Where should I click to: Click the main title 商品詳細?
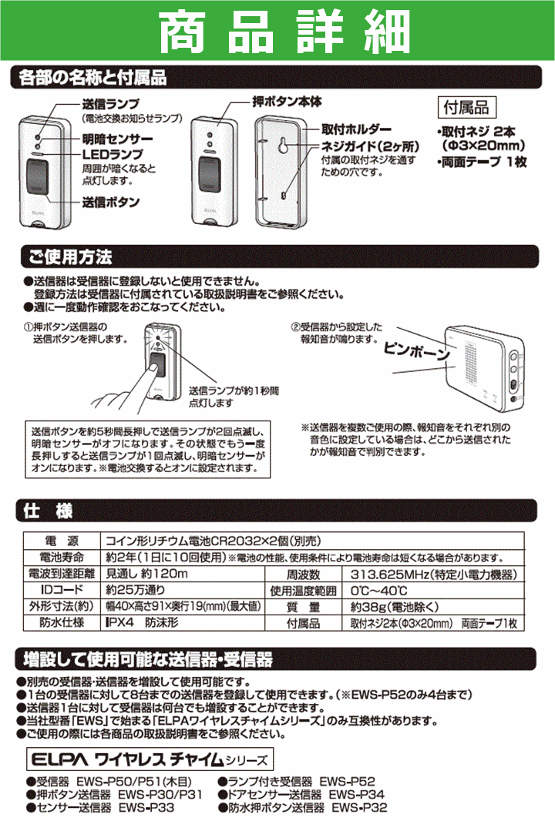[277, 32]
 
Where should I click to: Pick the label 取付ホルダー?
[356, 129]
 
